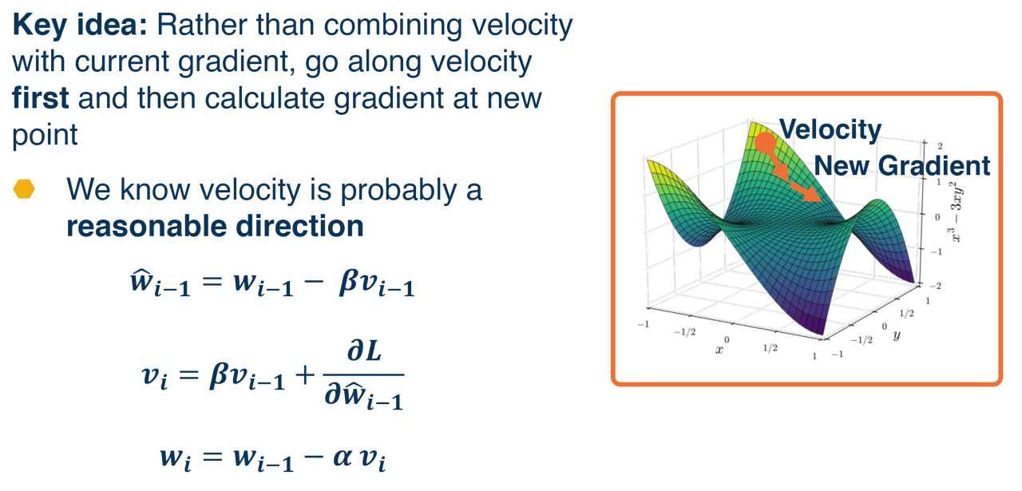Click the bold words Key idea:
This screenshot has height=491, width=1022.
pos(80,26)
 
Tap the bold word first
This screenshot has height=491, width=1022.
pos(40,97)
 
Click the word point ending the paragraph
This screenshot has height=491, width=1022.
pos(45,136)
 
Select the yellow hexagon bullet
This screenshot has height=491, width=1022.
pos(24,189)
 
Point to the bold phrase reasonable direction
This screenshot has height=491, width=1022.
pos(215,226)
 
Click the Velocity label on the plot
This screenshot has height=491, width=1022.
pos(830,129)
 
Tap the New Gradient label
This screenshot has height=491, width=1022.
pos(902,165)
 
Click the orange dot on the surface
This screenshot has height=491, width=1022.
pos(765,143)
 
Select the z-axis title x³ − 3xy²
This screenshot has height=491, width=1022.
pos(956,212)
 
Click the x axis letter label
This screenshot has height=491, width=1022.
pos(719,350)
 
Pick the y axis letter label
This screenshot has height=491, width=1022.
pos(897,335)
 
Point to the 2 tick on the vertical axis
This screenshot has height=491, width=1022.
pos(940,146)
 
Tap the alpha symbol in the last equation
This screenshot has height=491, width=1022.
pos(343,457)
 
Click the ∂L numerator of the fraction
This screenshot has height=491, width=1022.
pos(364,351)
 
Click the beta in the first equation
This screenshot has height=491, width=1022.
pos(348,283)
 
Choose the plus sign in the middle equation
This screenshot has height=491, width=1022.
pos(305,375)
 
